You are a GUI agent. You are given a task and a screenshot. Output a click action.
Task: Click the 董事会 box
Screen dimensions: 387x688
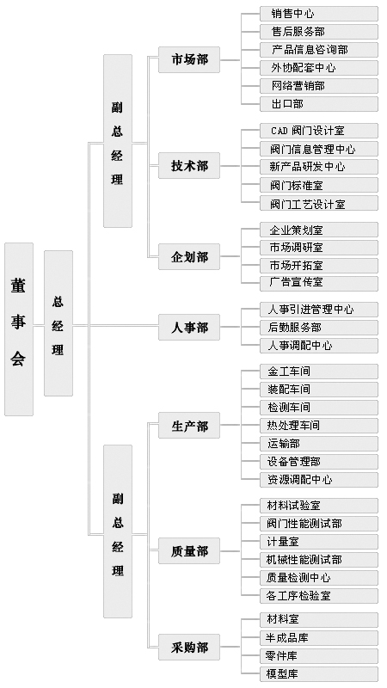[x=19, y=329]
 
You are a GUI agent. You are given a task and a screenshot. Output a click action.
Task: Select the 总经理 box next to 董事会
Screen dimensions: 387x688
[x=58, y=323]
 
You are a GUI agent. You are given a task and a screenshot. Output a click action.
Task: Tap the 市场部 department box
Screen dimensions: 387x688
[x=189, y=59]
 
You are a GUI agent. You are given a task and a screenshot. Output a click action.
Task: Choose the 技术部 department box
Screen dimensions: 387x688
[x=189, y=166]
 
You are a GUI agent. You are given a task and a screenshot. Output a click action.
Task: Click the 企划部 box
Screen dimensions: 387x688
[x=189, y=256]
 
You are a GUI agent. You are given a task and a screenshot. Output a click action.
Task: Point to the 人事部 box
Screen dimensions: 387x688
[x=189, y=327]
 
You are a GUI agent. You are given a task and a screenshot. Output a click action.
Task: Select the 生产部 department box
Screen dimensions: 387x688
[x=189, y=425]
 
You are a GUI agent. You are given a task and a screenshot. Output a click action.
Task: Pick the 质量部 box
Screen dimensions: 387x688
[x=189, y=550]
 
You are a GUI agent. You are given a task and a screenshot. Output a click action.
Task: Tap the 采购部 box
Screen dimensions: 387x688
[x=189, y=647]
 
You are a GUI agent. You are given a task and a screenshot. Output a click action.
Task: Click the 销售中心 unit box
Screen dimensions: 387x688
[x=319, y=14]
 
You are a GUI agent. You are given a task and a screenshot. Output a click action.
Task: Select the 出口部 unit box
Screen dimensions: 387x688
[x=319, y=104]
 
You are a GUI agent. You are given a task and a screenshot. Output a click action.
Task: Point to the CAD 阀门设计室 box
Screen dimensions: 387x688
[x=319, y=131]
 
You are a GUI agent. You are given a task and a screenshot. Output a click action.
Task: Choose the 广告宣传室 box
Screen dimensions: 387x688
[x=319, y=283]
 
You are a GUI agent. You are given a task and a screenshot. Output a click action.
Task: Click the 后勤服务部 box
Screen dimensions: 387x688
[x=319, y=328]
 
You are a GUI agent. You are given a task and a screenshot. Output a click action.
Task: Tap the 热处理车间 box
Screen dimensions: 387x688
[x=319, y=426]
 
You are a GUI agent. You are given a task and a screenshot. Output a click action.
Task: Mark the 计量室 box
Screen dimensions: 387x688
[x=319, y=542]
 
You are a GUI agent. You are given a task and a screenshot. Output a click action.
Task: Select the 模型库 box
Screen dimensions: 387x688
[x=319, y=674]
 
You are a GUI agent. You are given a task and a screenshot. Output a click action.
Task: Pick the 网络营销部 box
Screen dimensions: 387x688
[x=319, y=86]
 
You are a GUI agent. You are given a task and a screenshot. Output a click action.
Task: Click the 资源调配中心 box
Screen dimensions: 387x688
[x=319, y=480]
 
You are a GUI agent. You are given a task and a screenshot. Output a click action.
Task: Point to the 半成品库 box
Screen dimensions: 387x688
[x=319, y=638]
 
